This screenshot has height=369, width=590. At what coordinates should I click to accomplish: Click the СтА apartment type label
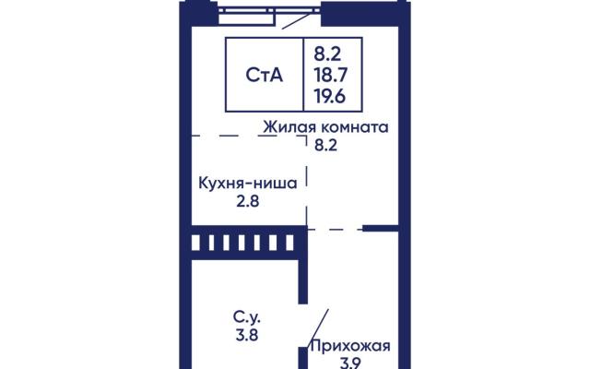coord(264,75)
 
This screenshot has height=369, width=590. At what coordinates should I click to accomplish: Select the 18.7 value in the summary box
coord(330,75)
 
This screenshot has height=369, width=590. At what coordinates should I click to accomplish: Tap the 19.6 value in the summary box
coord(330,97)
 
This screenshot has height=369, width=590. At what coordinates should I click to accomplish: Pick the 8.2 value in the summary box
coord(328,54)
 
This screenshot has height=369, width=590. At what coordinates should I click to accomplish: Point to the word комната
coord(354,127)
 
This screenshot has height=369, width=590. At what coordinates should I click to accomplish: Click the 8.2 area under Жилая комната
coord(325,145)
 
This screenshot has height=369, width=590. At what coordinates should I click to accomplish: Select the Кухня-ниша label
coord(248,184)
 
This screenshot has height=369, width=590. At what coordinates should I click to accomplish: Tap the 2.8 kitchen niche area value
coord(248,201)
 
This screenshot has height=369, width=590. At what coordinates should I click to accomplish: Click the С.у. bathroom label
coord(247,318)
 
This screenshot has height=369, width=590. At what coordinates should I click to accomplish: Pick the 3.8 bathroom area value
coord(247,335)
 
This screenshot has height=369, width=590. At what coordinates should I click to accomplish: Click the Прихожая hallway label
coord(350,347)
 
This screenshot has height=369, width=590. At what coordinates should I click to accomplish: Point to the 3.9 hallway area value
coord(350,363)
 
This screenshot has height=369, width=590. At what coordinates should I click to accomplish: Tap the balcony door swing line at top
coord(298,20)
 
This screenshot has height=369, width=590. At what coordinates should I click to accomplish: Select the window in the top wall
coord(269,10)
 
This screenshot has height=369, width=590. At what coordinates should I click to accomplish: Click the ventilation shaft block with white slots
coord(248,243)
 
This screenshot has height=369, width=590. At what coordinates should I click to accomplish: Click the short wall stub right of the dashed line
coord(381,228)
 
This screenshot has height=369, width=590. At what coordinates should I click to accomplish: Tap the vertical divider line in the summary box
coord(303,74)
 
